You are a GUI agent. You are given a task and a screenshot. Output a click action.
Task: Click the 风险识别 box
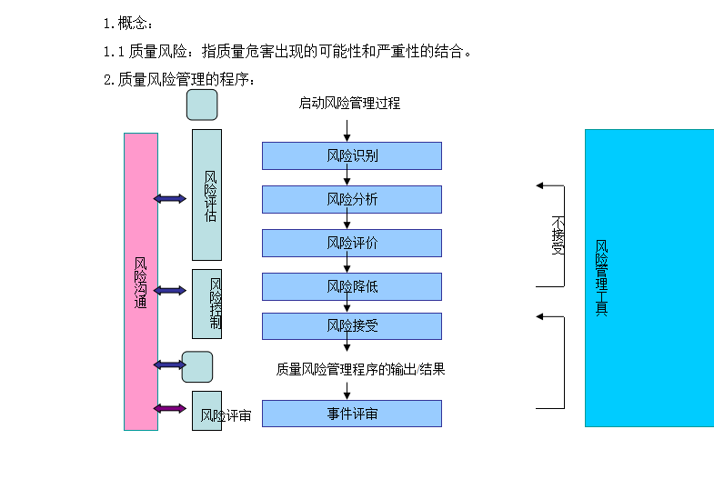coord(352,155)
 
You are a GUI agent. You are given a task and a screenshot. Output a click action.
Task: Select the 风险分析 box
coord(352,199)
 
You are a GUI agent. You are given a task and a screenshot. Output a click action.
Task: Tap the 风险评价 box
coord(352,243)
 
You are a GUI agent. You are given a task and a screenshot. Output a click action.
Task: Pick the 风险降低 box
coord(352,286)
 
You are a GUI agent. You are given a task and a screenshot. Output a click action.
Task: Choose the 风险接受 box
coord(352,326)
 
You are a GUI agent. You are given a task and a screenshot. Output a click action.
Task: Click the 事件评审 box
coord(352,414)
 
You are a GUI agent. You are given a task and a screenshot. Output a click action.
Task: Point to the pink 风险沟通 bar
coord(141,282)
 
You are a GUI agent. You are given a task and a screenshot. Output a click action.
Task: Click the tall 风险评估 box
coord(206,195)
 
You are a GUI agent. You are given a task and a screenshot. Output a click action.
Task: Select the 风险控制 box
coord(207,304)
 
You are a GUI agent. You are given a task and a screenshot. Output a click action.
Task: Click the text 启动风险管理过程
coord(349,103)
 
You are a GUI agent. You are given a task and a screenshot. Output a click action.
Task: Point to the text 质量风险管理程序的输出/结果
coord(361,369)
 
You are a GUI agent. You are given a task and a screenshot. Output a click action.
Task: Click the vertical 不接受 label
coord(558,235)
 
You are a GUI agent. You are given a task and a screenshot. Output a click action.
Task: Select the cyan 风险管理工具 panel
coord(649,277)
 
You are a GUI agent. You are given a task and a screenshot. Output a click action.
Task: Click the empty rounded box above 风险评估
coord(202,105)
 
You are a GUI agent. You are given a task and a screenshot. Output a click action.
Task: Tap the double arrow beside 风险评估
coord(170,198)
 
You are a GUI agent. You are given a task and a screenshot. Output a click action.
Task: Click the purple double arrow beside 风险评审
coord(170,408)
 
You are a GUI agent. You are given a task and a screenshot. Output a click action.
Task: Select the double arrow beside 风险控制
coord(170,291)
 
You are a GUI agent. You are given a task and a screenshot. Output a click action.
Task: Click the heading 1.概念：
coord(128,23)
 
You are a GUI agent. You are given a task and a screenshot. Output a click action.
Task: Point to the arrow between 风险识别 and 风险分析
coord(347,178)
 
